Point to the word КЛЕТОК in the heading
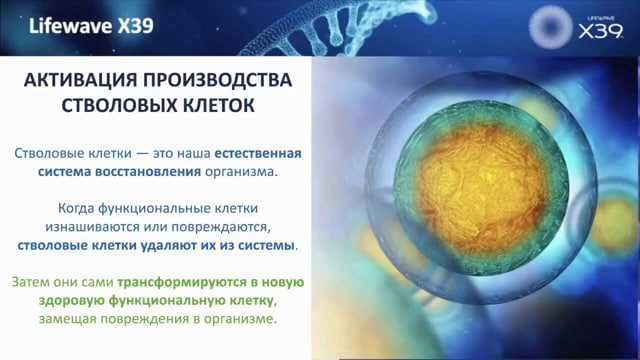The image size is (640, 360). coord(215,105)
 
